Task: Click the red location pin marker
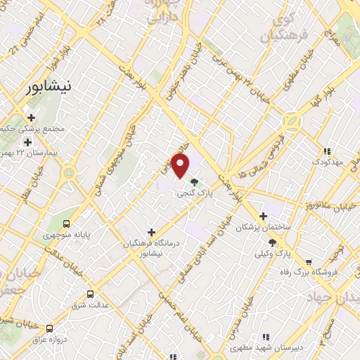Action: [x=181, y=167]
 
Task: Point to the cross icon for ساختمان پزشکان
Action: [x=264, y=217]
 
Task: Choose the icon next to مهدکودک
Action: [x=327, y=151]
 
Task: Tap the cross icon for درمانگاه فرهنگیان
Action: [x=151, y=232]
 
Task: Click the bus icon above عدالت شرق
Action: [x=90, y=294]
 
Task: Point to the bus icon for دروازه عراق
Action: [x=49, y=328]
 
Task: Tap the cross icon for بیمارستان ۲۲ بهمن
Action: [x=27, y=142]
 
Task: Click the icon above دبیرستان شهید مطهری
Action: [x=265, y=338]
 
